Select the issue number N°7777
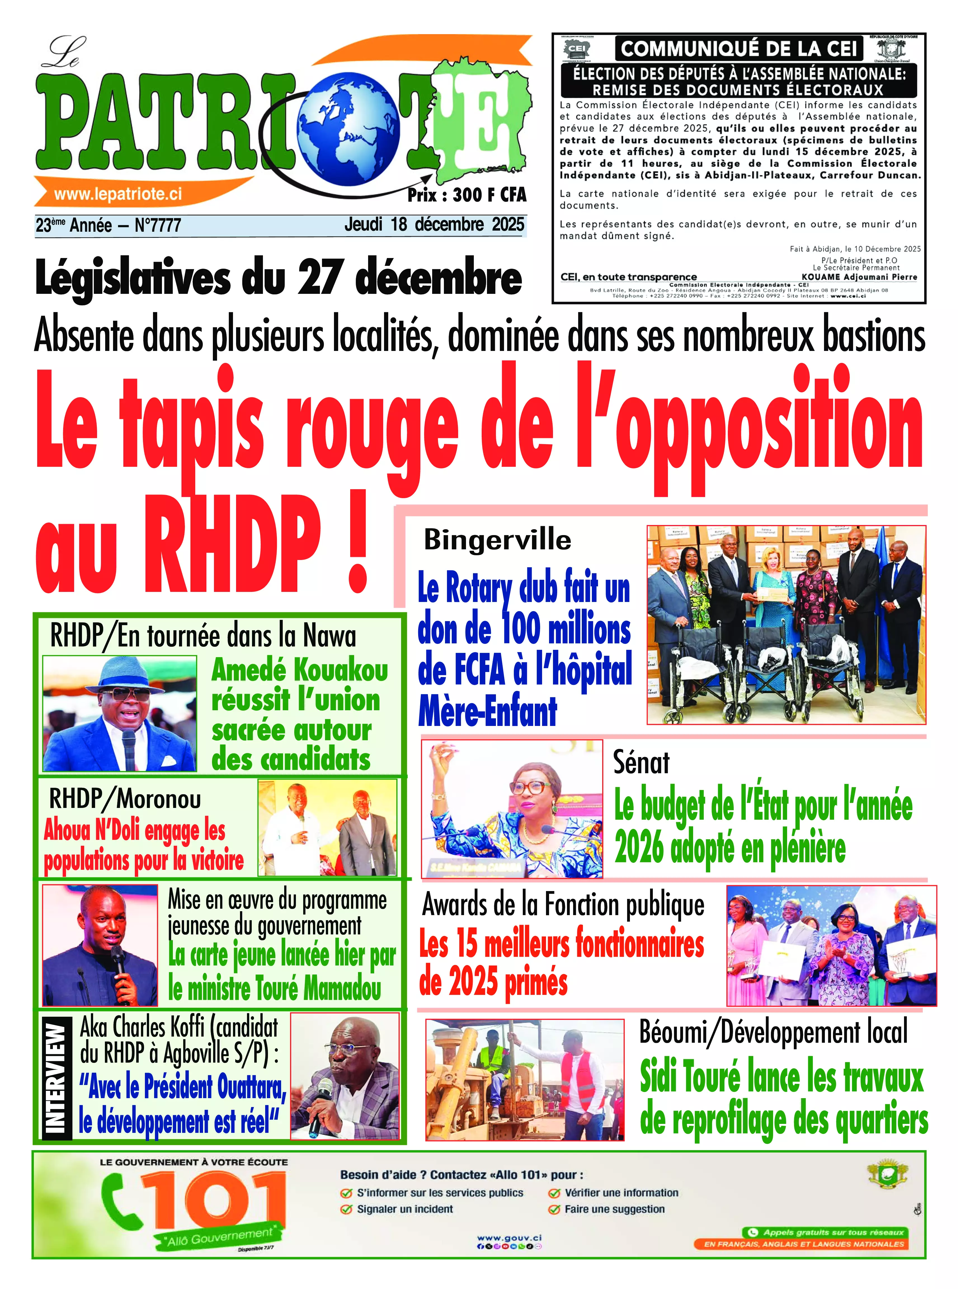pos(158,225)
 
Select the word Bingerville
pos(498,540)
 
